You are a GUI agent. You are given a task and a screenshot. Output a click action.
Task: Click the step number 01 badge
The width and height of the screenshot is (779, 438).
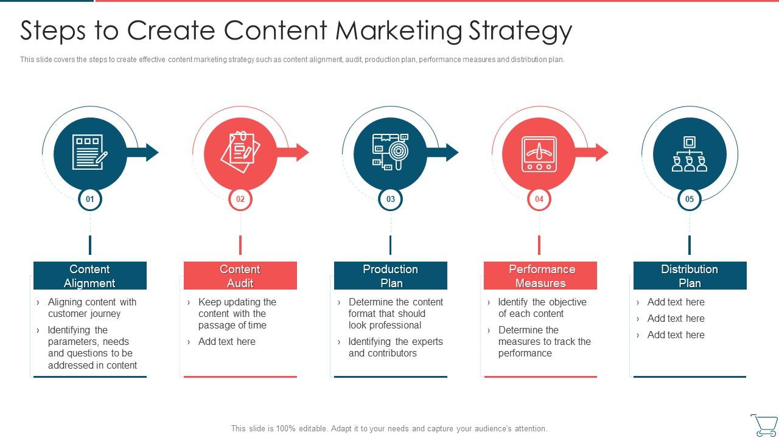(90, 199)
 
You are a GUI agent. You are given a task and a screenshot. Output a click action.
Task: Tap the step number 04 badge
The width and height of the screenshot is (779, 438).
(539, 199)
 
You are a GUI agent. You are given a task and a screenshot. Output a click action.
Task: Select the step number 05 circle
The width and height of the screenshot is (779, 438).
(690, 199)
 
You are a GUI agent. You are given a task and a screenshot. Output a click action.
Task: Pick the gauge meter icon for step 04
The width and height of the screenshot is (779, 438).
(539, 153)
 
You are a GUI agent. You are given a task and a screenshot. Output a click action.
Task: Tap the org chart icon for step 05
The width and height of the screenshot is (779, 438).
(690, 153)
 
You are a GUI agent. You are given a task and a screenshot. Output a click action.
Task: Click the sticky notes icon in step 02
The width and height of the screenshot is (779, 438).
(240, 152)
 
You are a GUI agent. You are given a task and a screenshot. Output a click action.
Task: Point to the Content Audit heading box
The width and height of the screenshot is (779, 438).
(240, 276)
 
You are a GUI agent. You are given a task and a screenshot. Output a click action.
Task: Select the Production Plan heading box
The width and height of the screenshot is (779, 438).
(391, 276)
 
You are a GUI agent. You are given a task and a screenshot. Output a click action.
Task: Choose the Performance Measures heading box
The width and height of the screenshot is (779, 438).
(540, 276)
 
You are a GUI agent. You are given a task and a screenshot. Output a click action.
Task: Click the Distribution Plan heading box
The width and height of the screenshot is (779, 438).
(690, 276)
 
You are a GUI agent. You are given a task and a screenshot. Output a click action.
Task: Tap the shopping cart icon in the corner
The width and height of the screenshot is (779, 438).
(764, 425)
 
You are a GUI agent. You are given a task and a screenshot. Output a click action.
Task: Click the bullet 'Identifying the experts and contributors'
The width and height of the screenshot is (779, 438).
(395, 347)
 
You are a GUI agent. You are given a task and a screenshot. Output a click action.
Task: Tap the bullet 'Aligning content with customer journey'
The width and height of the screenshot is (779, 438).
(92, 308)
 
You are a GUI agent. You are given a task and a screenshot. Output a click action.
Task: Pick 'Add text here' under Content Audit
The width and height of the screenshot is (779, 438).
(226, 342)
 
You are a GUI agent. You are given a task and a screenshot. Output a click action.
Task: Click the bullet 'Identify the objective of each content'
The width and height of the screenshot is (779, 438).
(542, 308)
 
